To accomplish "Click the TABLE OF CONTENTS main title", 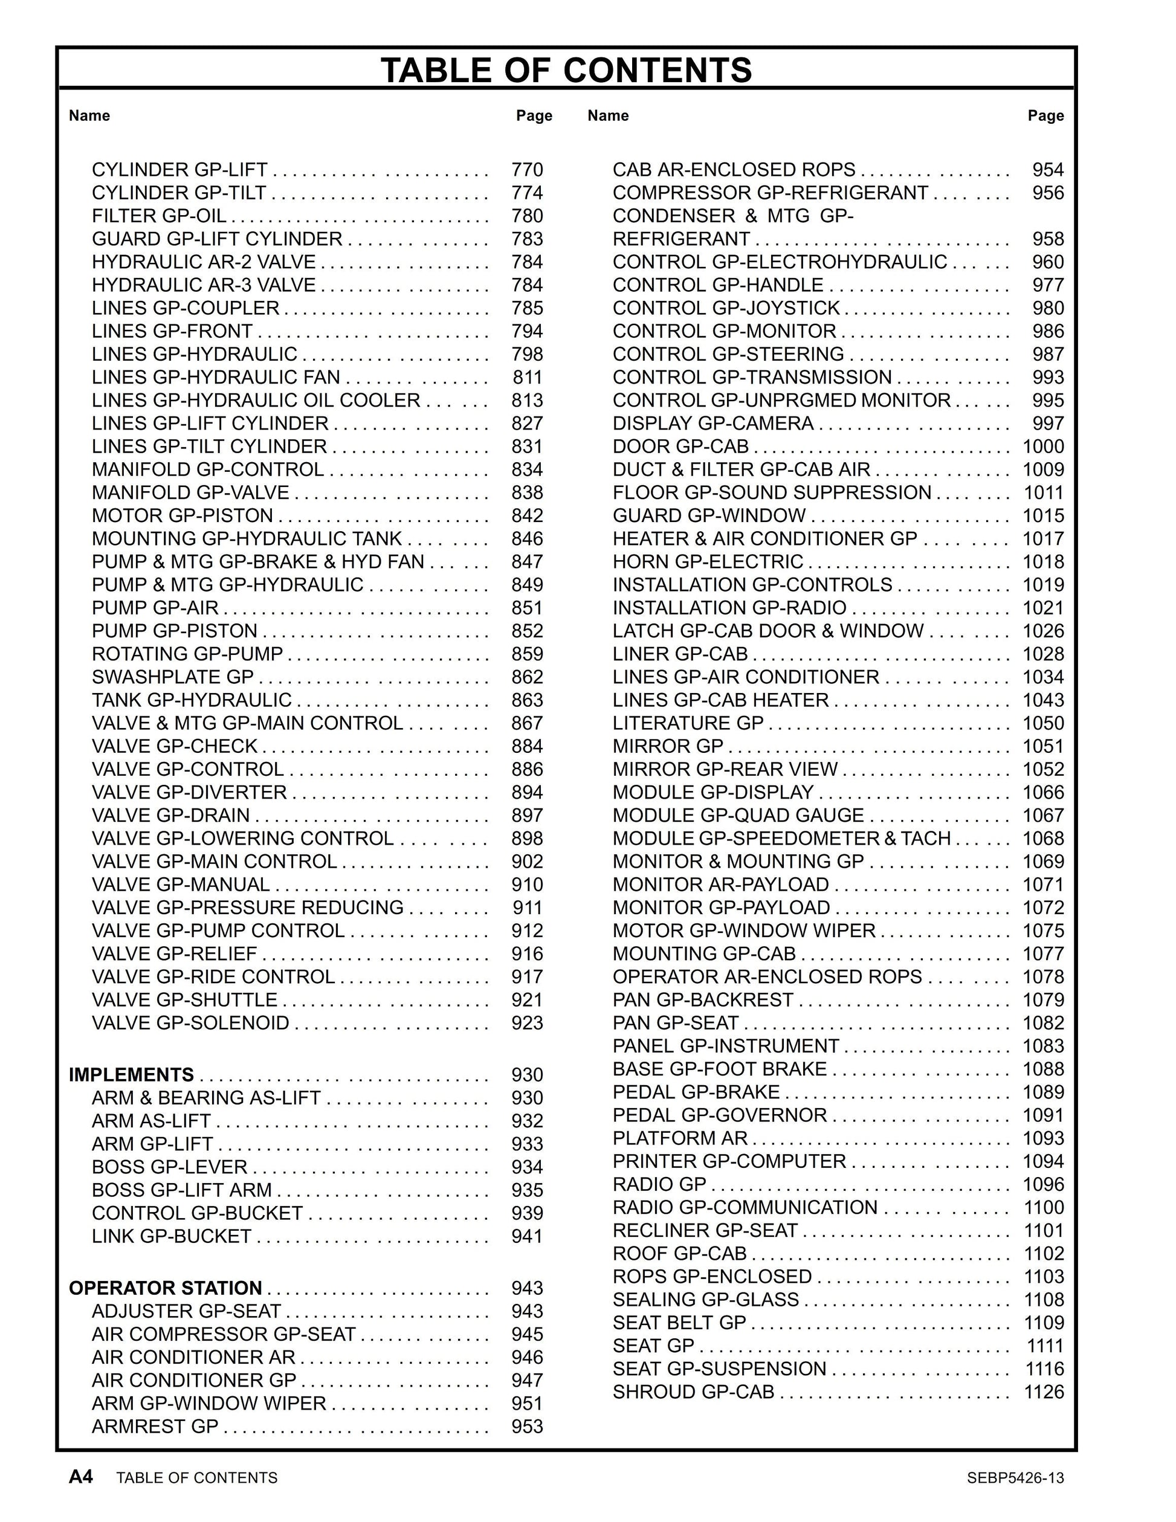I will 566,69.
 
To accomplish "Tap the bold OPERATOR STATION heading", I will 165,1288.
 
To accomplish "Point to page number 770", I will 526,169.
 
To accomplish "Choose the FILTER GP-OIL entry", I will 159,216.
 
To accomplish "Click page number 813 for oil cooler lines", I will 526,400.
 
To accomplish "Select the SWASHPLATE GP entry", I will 173,677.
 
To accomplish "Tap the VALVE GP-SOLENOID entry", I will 190,1022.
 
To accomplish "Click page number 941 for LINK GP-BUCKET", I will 526,1236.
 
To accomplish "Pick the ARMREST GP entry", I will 155,1427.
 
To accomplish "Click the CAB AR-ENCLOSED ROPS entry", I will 734,169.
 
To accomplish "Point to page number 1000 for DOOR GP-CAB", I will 1043,446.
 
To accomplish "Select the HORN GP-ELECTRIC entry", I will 708,562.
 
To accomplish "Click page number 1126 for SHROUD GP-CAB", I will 1043,1391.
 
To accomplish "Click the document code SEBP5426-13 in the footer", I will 1015,1478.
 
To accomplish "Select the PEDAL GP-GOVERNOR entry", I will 719,1115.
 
